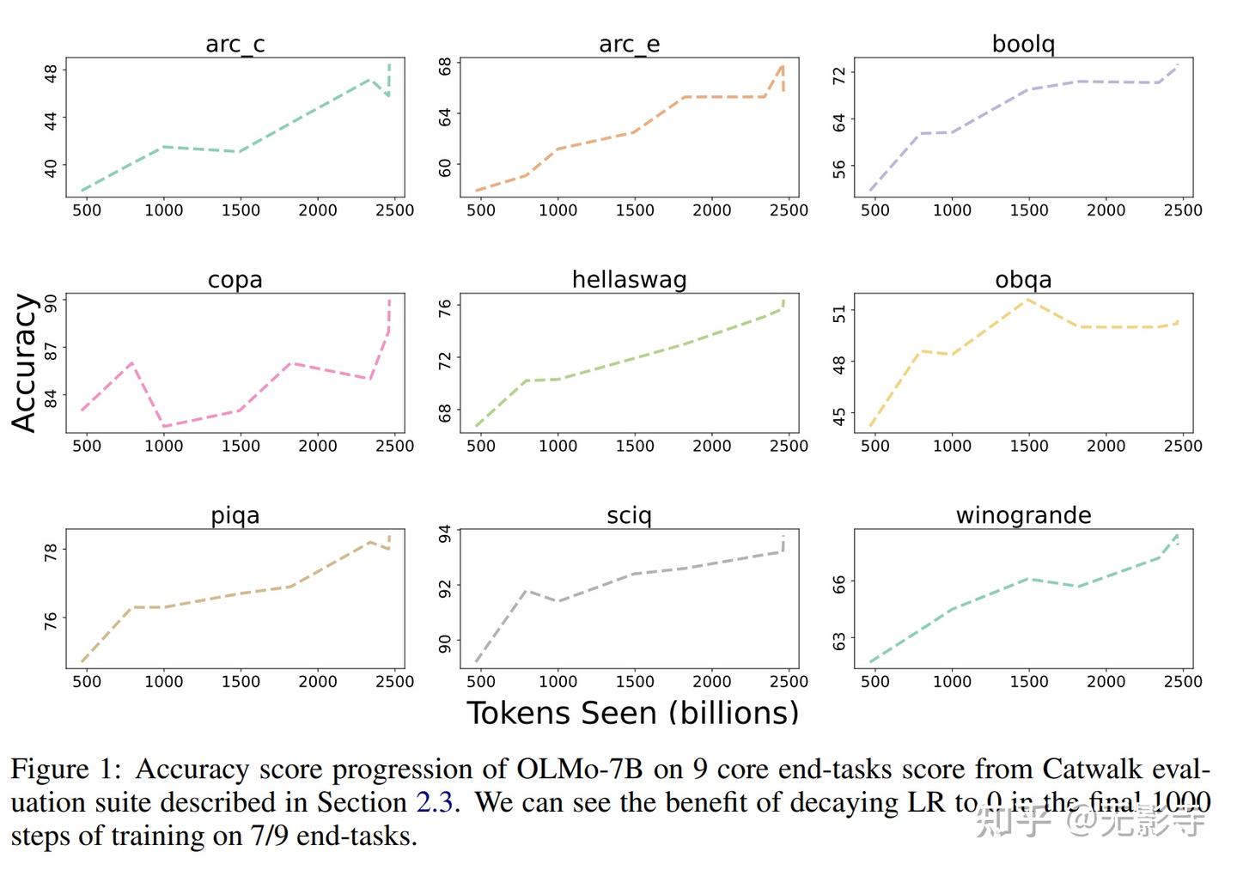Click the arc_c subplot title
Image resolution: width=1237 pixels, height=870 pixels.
coord(235,44)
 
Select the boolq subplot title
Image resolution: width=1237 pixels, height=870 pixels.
coord(1023,44)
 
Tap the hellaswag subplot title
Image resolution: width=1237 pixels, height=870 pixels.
coord(629,279)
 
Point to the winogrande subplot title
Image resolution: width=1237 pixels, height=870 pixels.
coord(1023,515)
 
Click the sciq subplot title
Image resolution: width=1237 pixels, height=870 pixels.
coord(629,515)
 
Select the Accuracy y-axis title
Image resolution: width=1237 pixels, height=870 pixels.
coord(24,362)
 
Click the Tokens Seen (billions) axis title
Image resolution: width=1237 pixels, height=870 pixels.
coord(632,713)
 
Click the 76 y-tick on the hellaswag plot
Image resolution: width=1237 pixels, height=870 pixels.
coord(445,308)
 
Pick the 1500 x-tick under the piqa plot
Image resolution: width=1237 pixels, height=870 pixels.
coord(241,682)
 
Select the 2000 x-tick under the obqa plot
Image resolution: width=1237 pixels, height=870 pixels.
coord(1106,446)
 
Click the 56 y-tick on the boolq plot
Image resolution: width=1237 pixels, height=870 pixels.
coord(839,169)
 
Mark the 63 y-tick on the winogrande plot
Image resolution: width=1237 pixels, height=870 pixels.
coord(839,642)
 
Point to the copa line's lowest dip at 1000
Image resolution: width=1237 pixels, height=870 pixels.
coord(164,426)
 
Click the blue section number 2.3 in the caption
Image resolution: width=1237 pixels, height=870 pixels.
coord(435,802)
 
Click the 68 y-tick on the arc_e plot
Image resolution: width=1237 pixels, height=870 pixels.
coord(445,66)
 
